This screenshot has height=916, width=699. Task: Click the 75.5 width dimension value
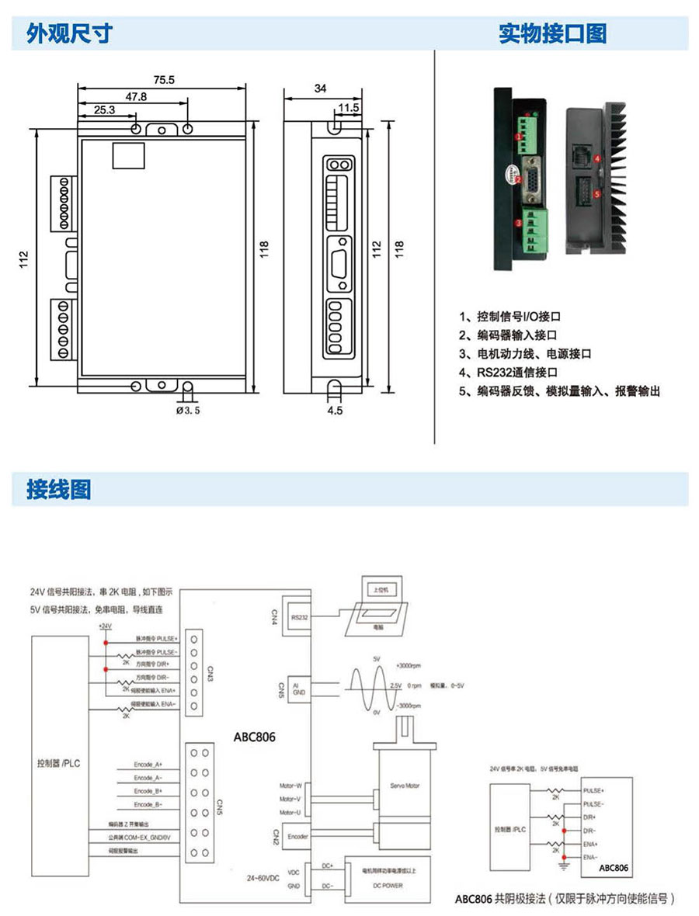tap(164, 79)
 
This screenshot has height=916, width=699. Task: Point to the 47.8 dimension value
tap(136, 97)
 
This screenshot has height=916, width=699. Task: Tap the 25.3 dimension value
tap(104, 110)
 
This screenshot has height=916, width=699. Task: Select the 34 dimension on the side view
tap(320, 88)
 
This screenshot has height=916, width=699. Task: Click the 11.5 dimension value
tap(348, 107)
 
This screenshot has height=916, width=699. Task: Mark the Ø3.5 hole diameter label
tap(188, 411)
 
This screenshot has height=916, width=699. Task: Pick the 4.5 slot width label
tap(335, 411)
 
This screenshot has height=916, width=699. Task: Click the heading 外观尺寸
tap(70, 33)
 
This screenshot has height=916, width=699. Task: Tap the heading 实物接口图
tap(552, 33)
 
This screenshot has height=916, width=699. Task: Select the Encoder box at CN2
tap(298, 837)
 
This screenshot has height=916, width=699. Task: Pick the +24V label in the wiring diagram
tap(105, 626)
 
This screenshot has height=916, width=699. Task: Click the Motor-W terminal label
tap(290, 786)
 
